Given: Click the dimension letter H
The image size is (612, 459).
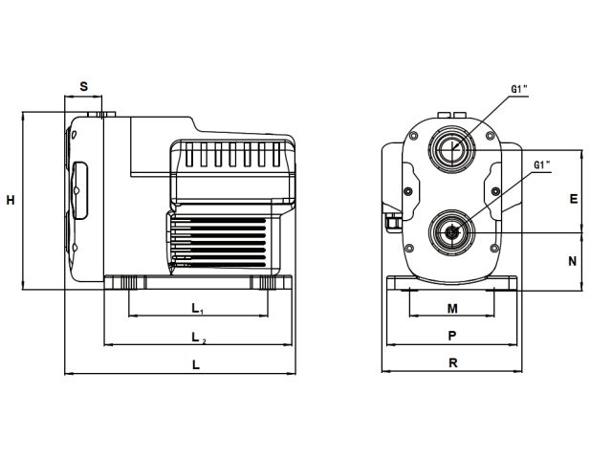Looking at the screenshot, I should (11, 201).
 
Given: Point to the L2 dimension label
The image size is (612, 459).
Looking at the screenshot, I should (196, 338).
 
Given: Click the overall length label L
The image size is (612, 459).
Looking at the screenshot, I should (195, 364).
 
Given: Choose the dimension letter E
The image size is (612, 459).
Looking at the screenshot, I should (573, 199).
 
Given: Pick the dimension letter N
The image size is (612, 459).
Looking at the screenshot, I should (573, 260).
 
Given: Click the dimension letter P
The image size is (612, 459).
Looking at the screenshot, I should (452, 336).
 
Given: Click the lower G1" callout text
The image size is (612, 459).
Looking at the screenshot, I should (542, 165).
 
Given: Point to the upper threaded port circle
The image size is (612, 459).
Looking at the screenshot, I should (450, 148).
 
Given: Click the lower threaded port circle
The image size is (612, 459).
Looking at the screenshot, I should (448, 230).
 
